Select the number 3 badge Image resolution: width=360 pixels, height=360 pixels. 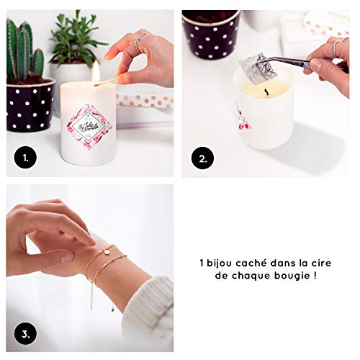(x=24, y=333)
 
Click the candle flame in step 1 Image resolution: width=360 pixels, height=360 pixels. (x=95, y=71)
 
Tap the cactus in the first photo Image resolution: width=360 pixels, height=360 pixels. (x=22, y=50)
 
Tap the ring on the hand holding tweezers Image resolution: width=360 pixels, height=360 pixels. (x=336, y=48)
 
